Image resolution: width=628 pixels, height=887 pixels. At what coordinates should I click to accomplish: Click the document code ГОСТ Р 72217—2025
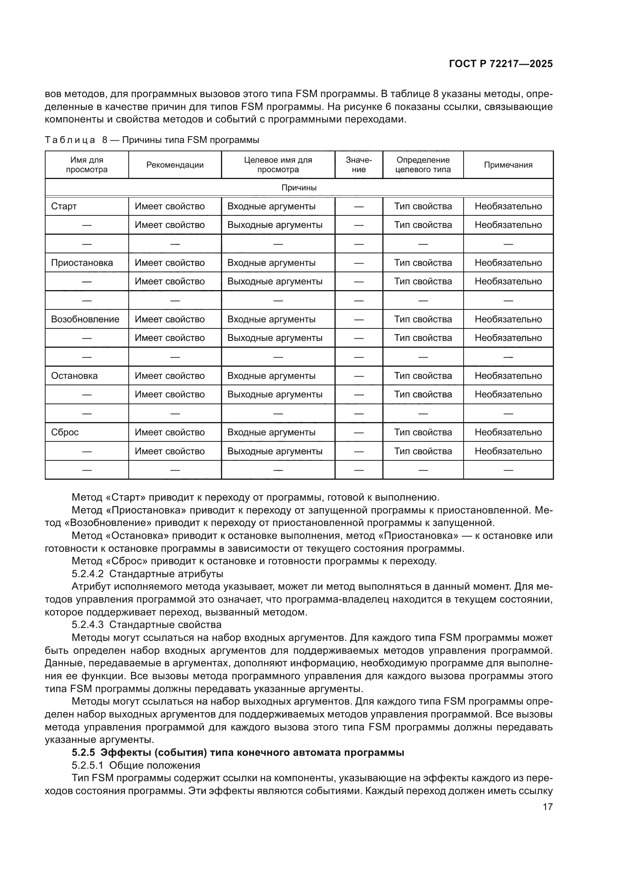[500, 64]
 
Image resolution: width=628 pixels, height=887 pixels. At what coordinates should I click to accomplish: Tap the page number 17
[548, 807]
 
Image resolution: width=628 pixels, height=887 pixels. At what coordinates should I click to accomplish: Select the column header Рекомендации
[175, 165]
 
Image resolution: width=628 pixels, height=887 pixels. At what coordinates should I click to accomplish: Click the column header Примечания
[508, 165]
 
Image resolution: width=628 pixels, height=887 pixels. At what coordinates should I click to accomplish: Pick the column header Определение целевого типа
[423, 165]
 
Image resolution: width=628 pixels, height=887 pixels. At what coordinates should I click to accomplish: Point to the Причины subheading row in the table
[298, 188]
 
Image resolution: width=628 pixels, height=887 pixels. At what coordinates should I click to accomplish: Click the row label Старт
[64, 206]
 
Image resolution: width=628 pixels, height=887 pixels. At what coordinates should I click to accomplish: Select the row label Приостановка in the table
[82, 263]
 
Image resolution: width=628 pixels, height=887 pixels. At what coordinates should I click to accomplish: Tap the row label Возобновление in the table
[85, 319]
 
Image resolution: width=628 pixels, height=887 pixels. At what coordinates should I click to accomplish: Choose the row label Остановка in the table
[74, 376]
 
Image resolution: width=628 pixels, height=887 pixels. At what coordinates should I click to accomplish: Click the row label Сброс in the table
[65, 432]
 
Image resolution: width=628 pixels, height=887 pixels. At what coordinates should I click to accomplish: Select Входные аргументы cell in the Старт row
[271, 206]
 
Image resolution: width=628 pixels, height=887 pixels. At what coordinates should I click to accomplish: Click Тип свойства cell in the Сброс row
[423, 432]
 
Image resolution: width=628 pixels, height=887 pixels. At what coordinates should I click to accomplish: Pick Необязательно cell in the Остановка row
[508, 376]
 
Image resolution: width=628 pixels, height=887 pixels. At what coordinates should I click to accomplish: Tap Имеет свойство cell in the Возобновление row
[169, 319]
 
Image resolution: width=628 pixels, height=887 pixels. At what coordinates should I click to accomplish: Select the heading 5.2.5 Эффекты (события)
[238, 752]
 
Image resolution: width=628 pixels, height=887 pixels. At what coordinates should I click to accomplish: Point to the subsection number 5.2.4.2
[87, 574]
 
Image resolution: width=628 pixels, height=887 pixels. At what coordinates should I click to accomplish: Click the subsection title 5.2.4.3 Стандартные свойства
[147, 625]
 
